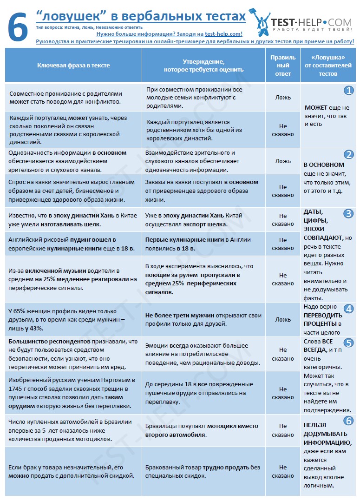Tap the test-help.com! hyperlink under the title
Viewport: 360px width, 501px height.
point(223,34)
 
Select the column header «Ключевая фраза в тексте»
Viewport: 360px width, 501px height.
point(73,66)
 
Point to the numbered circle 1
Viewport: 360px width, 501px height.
point(348,91)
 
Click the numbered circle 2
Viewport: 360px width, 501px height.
point(348,155)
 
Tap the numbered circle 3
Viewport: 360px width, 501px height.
point(348,214)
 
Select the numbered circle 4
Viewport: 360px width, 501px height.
point(348,309)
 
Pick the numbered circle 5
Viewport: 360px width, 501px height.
point(348,343)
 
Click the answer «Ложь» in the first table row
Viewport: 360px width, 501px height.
point(283,98)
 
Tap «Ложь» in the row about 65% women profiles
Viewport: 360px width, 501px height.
point(283,320)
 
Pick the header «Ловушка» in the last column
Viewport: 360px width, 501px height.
point(329,58)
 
